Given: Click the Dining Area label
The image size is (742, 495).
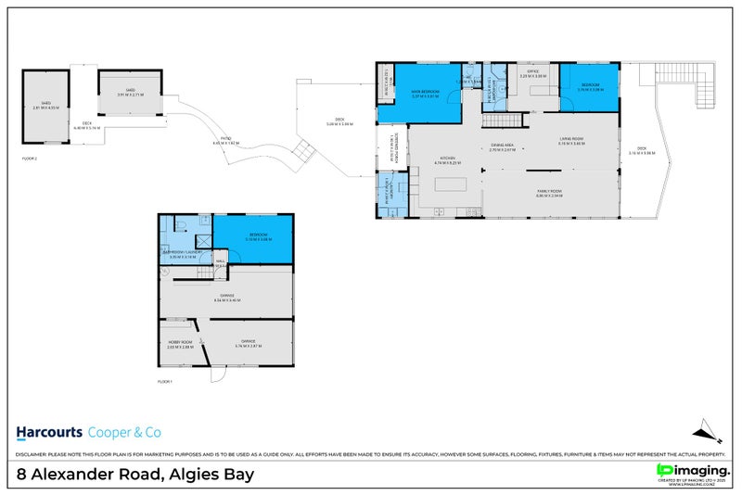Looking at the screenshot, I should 502,146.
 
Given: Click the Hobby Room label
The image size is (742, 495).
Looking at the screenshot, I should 179,345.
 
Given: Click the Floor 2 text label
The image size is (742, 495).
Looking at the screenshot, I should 29,159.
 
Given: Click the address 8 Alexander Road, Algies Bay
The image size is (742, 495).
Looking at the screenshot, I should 135,475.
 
